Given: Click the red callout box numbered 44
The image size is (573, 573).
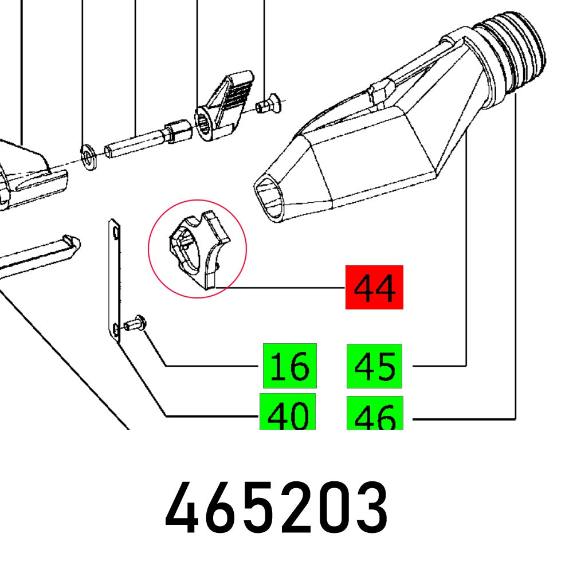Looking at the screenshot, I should coord(374,287).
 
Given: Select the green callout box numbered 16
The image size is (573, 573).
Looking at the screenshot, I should coord(289,365).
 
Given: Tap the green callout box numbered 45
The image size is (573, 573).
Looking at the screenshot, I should coord(374,366).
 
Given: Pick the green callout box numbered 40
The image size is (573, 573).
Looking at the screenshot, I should coord(288,411).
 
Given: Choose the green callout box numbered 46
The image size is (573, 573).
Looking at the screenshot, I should coord(374,413).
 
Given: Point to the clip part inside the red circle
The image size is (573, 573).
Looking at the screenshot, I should coord(198,250).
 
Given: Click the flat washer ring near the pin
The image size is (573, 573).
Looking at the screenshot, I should coord(89,158).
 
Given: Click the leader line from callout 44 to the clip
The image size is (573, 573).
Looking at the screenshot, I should coord(281,287).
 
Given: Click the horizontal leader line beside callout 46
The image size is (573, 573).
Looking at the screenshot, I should coord(464,420).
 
